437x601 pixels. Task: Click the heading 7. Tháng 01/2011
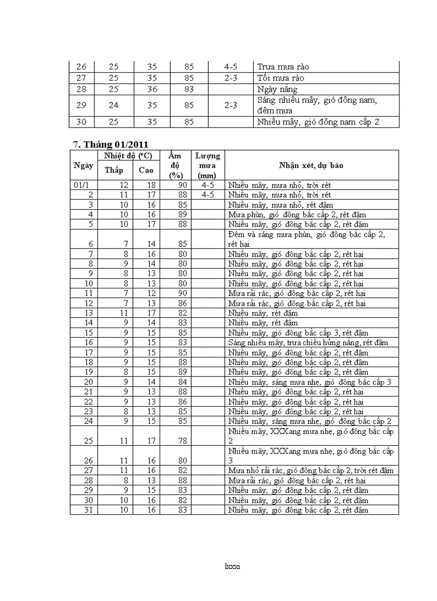[110, 144]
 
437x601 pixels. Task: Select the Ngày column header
[82, 165]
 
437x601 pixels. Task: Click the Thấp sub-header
[114, 170]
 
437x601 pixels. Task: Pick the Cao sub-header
[146, 170]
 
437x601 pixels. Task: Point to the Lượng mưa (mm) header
[207, 165]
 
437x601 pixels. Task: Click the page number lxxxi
[232, 566]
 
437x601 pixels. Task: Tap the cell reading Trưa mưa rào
[283, 67]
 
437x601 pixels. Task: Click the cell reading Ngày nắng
[277, 89]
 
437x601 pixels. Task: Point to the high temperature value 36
[152, 89]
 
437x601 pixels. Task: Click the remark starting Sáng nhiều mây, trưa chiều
[308, 343]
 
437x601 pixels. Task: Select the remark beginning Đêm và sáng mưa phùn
[306, 239]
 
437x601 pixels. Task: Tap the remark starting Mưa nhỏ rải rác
[311, 470]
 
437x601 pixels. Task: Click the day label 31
[88, 510]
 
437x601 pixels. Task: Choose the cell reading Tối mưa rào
[281, 78]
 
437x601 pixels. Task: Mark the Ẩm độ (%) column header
[175, 165]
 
